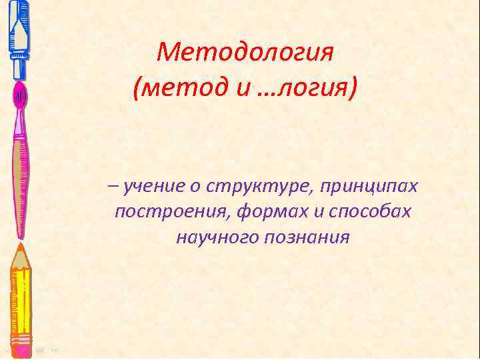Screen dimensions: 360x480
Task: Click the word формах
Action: pyautogui.click(x=264, y=212)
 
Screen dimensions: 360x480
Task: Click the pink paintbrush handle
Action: pyautogui.click(x=20, y=173)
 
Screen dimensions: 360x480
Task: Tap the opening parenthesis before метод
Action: pyautogui.click(x=137, y=88)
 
